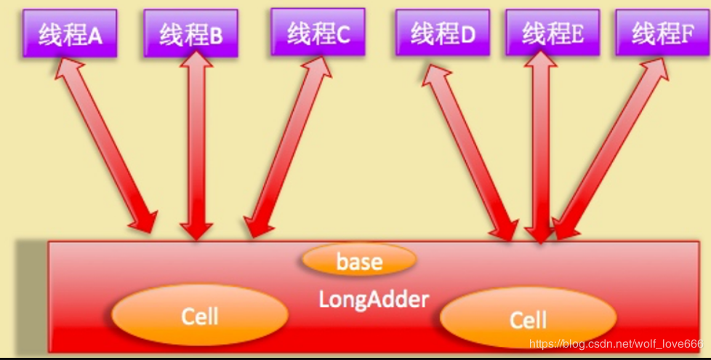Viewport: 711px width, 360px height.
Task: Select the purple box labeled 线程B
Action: click(190, 33)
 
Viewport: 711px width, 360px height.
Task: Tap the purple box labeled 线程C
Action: click(318, 33)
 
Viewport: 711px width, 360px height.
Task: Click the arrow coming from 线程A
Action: click(106, 145)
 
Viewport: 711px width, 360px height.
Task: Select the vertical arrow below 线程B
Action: click(196, 145)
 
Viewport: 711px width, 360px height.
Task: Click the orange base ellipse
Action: click(358, 260)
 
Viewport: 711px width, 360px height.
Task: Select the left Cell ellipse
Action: click(199, 315)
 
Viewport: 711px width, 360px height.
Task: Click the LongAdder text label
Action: click(374, 298)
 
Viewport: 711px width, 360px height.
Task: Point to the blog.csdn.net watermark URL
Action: click(616, 344)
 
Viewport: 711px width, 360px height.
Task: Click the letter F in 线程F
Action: click(688, 34)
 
